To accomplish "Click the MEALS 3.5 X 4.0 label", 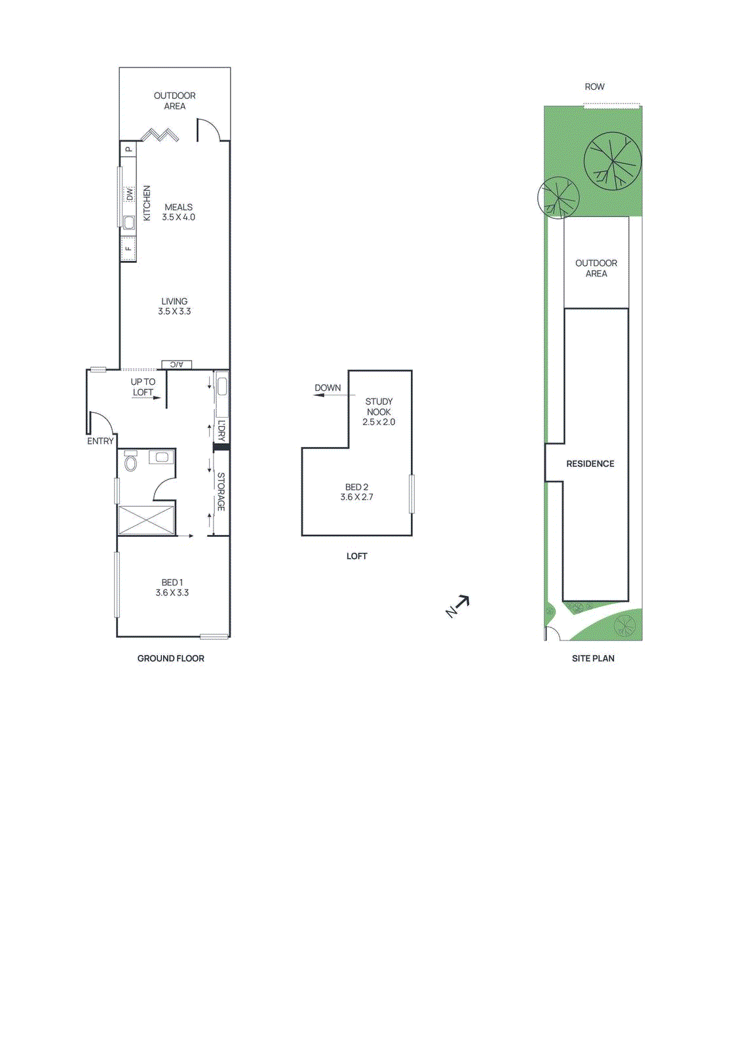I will point(178,212).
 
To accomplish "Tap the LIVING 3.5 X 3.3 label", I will point(174,306).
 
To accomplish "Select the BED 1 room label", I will point(172,587).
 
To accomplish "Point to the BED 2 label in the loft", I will point(356,492).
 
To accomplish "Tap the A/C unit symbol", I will point(177,365).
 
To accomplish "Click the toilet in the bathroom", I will point(131,463).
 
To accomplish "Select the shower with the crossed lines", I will point(147,520).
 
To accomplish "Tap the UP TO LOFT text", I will point(143,387).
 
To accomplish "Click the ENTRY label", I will point(100,441).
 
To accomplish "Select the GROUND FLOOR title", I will point(170,658).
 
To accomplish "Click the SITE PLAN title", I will point(593,658).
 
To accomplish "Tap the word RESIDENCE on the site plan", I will point(590,464).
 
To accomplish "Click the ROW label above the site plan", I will point(594,87).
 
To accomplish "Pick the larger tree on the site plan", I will point(612,161).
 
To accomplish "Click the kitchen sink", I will point(128,222).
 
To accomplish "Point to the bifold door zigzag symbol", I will point(160,135).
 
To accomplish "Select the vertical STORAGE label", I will point(221,492).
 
